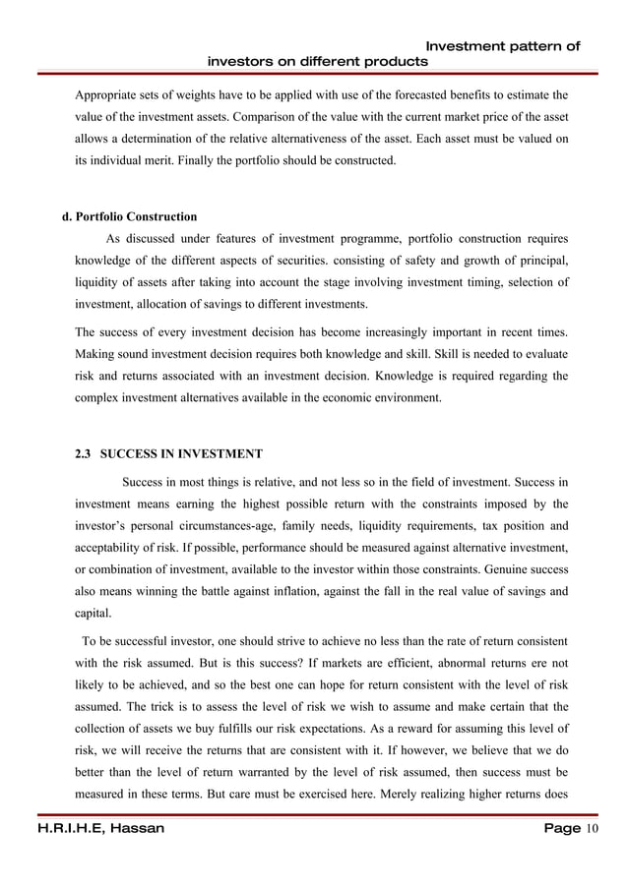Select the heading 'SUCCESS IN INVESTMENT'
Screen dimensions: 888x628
182,454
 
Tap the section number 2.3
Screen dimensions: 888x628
84,454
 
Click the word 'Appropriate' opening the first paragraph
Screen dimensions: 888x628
107,97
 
